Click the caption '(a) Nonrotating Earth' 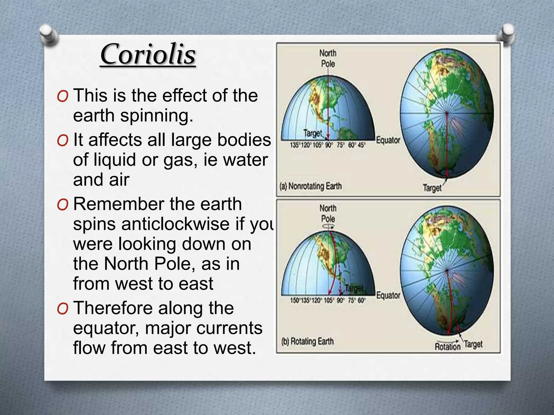click(311, 186)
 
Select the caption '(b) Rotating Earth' click(307, 341)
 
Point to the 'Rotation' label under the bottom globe click(447, 346)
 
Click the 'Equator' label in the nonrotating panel click(388, 140)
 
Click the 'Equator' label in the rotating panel click(388, 295)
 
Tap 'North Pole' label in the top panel click(328, 58)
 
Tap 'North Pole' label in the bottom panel click(328, 213)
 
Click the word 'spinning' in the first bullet click(156, 116)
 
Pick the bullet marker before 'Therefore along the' click(62, 309)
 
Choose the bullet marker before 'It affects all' click(62, 141)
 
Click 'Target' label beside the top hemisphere click(313, 133)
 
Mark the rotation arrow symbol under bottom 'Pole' click(328, 226)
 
